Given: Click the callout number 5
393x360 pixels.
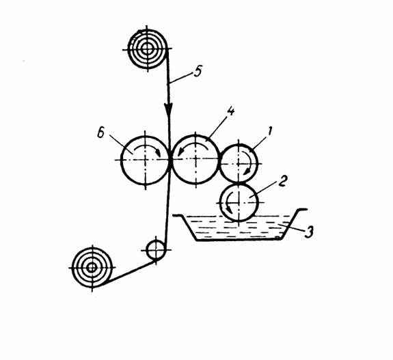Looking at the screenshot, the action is pyautogui.click(x=198, y=72).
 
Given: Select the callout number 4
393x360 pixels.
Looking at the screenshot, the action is pyautogui.click(x=230, y=111).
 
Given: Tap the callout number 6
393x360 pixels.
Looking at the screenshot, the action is pyautogui.click(x=100, y=133).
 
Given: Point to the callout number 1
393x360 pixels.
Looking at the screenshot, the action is pyautogui.click(x=269, y=131).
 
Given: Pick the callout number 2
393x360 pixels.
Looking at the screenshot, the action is pyautogui.click(x=282, y=182).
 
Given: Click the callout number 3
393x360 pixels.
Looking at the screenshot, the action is pyautogui.click(x=309, y=232).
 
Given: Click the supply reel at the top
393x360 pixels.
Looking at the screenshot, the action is pyautogui.click(x=147, y=49).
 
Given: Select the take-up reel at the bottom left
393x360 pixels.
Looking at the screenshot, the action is pyautogui.click(x=92, y=268).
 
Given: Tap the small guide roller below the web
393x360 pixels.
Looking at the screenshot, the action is pyautogui.click(x=156, y=250).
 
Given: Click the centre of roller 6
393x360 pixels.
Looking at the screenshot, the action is pyautogui.click(x=146, y=160).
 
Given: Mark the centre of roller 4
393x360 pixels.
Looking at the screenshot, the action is pyautogui.click(x=195, y=159).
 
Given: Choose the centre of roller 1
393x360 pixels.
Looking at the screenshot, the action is pyautogui.click(x=239, y=163).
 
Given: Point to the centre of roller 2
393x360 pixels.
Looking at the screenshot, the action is pyautogui.click(x=239, y=202).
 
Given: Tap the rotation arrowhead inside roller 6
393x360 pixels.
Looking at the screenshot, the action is pyautogui.click(x=158, y=152).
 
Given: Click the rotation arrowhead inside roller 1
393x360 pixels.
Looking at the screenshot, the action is pyautogui.click(x=248, y=172).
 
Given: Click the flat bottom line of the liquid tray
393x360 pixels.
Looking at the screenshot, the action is pyautogui.click(x=239, y=240).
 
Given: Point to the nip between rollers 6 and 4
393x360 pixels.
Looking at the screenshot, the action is pyautogui.click(x=170, y=160).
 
